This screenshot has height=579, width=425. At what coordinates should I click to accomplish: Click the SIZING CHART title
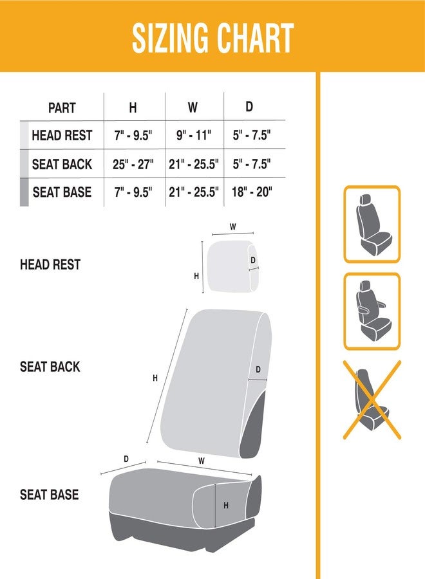(x=212, y=38)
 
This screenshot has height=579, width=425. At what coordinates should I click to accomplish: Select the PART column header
(x=62, y=107)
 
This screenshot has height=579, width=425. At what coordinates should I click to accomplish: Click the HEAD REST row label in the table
(x=62, y=136)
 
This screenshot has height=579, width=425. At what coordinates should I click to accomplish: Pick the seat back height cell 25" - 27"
(x=133, y=164)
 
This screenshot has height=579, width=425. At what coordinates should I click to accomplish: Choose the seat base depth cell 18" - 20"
(x=252, y=192)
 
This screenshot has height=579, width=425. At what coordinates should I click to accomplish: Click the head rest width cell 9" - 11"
(x=193, y=136)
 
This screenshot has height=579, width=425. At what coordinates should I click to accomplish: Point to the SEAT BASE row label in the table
(x=62, y=192)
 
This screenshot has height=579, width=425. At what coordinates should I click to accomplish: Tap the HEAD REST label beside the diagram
(x=50, y=264)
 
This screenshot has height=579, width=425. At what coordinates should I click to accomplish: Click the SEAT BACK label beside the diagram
(x=50, y=367)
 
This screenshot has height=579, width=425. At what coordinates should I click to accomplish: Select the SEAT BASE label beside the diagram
(x=50, y=494)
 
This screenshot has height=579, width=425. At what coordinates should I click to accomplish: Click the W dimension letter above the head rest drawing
(x=232, y=226)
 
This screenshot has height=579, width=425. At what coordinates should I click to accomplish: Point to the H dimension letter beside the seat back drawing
(x=155, y=378)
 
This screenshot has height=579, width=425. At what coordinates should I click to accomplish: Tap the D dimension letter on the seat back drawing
(x=258, y=369)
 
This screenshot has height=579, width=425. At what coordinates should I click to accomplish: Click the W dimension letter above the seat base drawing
(x=202, y=461)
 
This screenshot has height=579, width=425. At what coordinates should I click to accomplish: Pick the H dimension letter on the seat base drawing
(x=226, y=506)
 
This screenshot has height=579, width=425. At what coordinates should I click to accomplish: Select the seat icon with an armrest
(x=372, y=311)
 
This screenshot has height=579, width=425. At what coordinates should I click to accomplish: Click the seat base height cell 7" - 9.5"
(x=133, y=192)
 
